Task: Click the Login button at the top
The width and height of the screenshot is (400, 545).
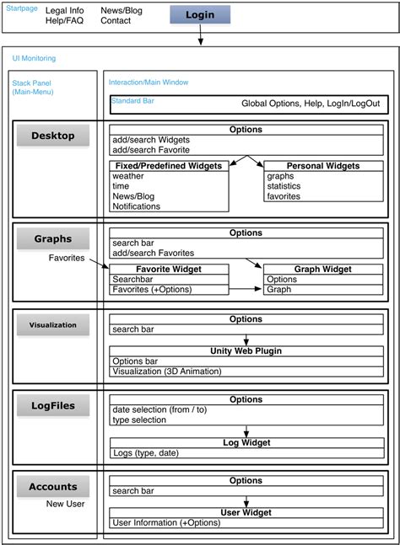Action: point(199,14)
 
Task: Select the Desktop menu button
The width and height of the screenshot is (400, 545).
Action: point(53,136)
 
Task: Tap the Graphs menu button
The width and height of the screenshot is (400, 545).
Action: point(53,238)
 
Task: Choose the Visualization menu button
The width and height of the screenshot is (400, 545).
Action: point(53,324)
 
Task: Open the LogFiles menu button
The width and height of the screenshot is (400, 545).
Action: point(53,405)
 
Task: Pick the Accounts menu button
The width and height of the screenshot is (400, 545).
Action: point(53,486)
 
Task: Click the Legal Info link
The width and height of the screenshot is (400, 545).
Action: point(64,10)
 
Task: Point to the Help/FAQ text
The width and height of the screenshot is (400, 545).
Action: point(64,20)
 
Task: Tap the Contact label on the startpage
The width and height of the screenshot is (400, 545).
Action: point(116,20)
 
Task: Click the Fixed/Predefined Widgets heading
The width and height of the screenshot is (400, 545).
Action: point(169,166)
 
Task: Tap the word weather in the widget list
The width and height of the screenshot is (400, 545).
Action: point(128,176)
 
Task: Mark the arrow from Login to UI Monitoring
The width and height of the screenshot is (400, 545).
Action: point(202,35)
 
